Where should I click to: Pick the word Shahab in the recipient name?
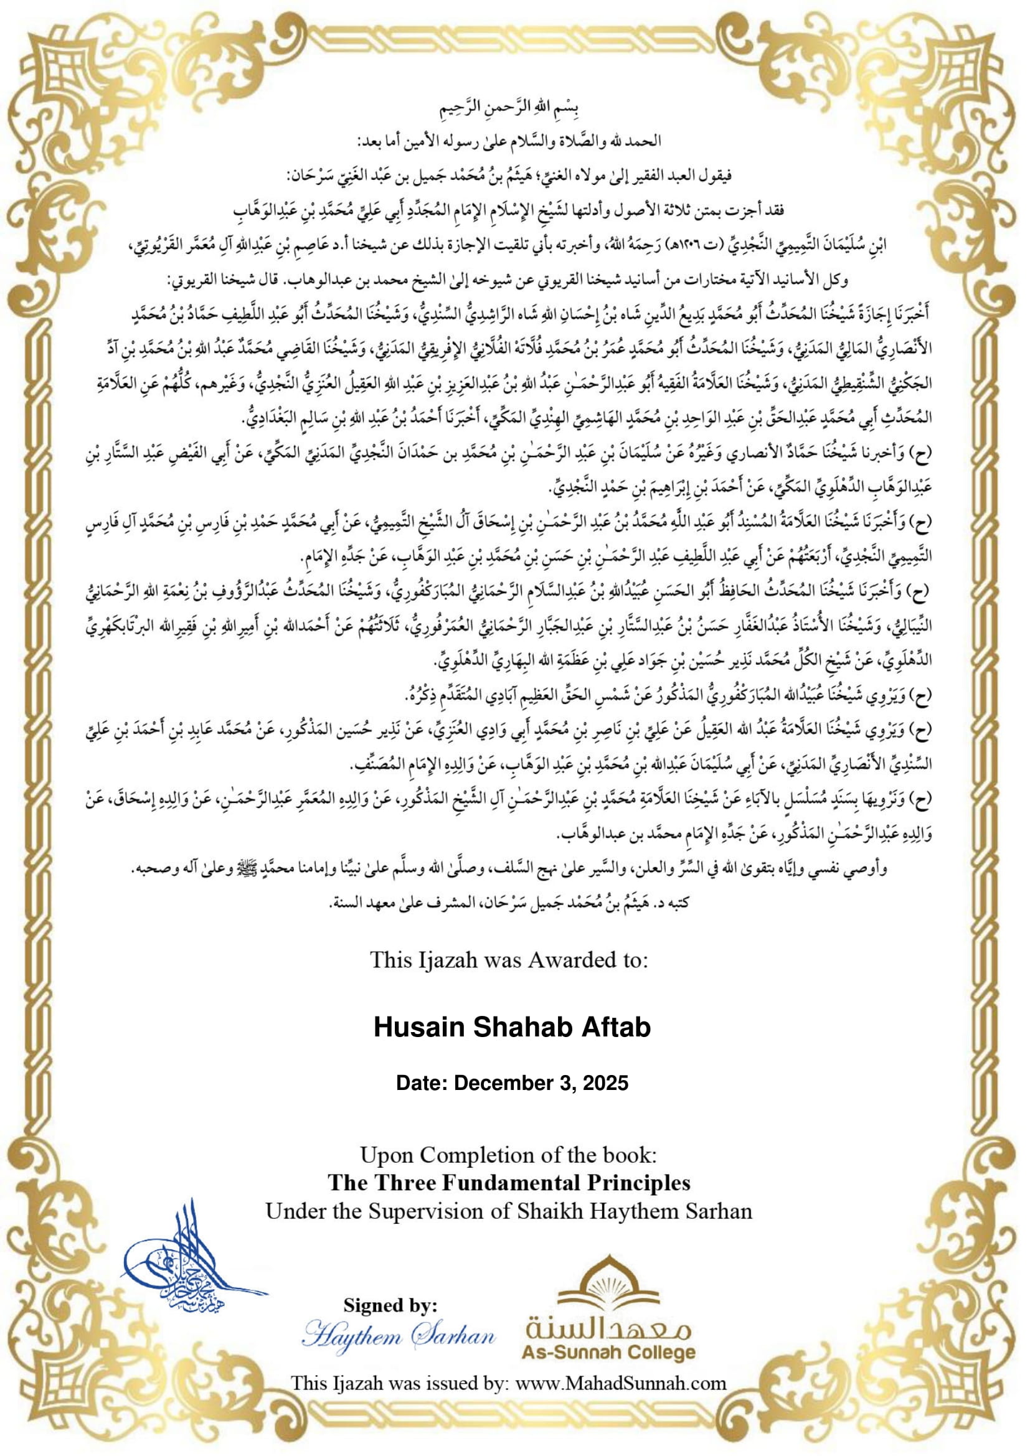pos(512,1027)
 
